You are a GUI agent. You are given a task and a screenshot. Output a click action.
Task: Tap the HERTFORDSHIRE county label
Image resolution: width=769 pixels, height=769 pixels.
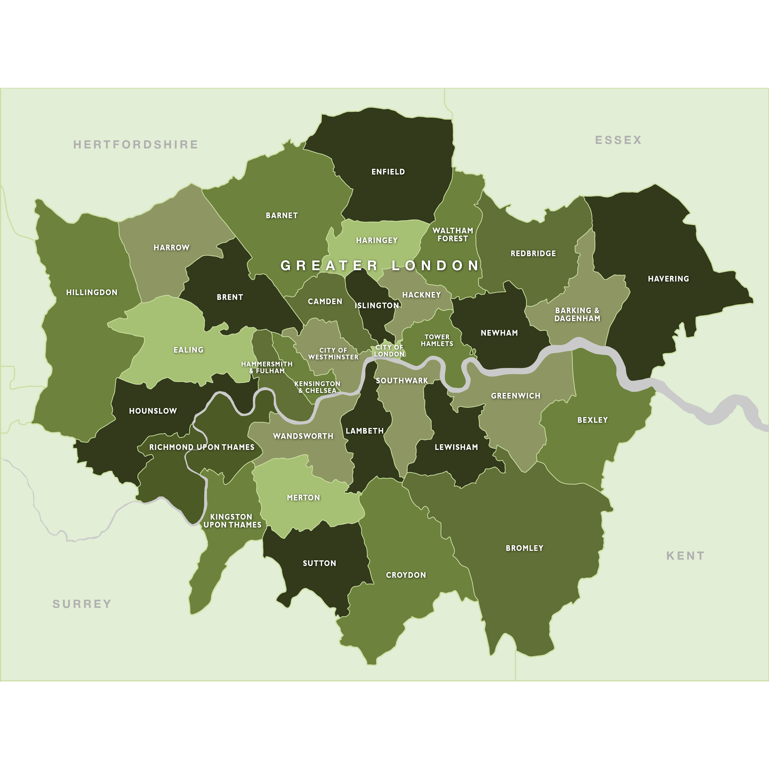pos(135,144)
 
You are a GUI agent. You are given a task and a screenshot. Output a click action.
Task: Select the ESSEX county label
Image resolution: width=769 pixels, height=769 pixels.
pos(618,140)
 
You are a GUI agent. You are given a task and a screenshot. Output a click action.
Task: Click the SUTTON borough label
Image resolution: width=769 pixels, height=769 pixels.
pos(319,563)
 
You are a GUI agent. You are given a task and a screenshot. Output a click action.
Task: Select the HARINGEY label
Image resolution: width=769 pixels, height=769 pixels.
pos(377,240)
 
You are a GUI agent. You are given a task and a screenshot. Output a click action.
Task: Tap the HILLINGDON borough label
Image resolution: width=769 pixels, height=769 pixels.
pos(92,293)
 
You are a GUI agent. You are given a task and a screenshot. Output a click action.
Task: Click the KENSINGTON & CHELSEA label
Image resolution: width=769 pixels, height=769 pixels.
pos(317,387)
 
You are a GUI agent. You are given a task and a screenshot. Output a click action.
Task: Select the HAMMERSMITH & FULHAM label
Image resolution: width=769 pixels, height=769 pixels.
pos(267,367)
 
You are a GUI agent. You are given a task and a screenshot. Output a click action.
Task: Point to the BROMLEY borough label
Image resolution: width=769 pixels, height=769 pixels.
pos(524,548)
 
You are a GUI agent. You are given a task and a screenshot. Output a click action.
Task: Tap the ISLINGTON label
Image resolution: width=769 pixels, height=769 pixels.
pos(377,306)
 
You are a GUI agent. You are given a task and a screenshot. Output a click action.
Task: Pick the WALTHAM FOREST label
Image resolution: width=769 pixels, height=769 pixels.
pos(453,234)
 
